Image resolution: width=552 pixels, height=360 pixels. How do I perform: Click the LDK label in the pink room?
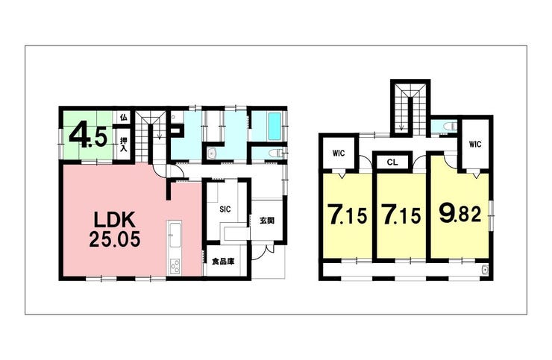tap(114, 221)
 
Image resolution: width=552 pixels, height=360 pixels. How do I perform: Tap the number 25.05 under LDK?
tap(115, 240)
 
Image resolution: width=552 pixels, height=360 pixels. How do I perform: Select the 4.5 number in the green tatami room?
tap(88, 136)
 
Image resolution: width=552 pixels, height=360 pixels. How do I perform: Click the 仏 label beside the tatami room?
tap(123, 117)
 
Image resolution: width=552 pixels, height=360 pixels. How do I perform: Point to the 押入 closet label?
tap(124, 144)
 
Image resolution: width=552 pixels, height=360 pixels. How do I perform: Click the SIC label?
tap(225, 209)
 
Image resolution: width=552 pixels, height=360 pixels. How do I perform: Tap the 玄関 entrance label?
tap(267, 221)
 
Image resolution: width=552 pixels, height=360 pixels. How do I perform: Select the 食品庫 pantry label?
tap(223, 262)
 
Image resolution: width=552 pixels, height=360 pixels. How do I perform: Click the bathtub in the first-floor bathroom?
tap(275, 126)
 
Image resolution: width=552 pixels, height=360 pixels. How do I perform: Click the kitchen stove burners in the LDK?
tap(175, 266)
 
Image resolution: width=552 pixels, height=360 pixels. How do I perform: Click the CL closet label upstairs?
tap(392, 162)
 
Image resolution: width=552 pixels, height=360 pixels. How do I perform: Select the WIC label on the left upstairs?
tap(339, 154)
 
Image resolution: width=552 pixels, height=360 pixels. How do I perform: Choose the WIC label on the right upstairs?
tap(475, 144)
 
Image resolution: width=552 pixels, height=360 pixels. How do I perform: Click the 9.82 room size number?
tap(460, 213)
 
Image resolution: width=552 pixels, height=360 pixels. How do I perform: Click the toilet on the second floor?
tap(449, 126)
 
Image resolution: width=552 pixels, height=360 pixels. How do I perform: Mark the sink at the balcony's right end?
tap(486, 269)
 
